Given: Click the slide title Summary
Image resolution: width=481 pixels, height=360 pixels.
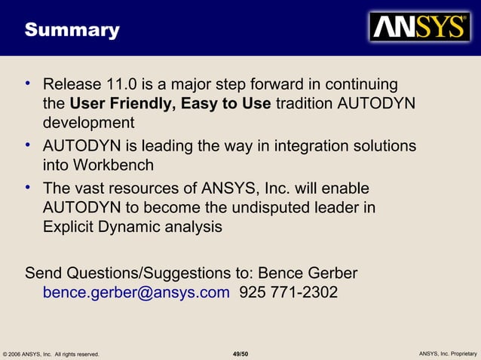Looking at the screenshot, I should pyautogui.click(x=72, y=30).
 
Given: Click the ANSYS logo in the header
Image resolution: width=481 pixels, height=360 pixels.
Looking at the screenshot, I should pyautogui.click(x=419, y=27).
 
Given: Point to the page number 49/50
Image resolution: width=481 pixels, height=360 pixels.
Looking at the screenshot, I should pyautogui.click(x=240, y=353).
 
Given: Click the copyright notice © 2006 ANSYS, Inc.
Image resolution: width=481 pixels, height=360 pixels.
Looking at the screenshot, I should pyautogui.click(x=51, y=353).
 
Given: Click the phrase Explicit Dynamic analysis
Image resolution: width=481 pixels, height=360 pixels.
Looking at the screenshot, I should pyautogui.click(x=133, y=227).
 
